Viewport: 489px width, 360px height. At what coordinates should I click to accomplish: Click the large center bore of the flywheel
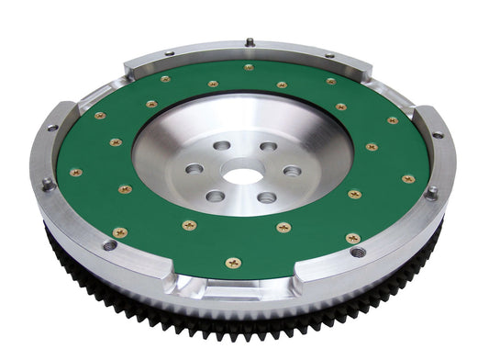[x=243, y=172]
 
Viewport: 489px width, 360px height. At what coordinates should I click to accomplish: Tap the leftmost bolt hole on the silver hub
[x=194, y=169]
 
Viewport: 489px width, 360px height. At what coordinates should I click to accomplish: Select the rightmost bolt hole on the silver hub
[x=292, y=171]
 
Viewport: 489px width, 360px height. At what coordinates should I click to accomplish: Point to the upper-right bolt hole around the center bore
[x=268, y=147]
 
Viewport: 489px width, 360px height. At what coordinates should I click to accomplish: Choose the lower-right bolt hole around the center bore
[x=267, y=197]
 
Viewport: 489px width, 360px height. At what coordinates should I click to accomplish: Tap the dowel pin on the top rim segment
[x=249, y=41]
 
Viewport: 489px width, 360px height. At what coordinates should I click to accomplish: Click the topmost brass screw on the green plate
[x=249, y=67]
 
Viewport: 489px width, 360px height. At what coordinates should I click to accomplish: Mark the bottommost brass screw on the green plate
[x=233, y=263]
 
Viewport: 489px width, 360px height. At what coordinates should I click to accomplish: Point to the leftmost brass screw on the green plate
[x=75, y=172]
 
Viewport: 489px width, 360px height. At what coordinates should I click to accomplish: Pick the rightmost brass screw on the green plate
[x=408, y=179]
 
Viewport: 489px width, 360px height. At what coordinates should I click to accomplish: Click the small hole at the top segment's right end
[x=328, y=56]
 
